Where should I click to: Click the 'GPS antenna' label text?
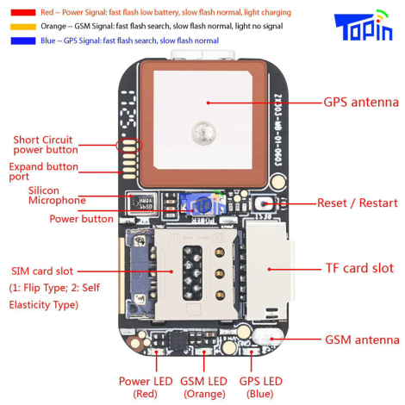(361, 101)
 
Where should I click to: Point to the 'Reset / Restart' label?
(356, 202)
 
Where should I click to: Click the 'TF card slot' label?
(359, 268)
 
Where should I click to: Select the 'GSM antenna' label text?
(362, 340)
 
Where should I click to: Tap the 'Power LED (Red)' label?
(145, 386)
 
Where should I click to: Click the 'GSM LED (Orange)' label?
(203, 386)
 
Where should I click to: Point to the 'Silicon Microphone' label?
(56, 195)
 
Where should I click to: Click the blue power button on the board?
(200, 206)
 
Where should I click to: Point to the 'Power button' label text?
(82, 219)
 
